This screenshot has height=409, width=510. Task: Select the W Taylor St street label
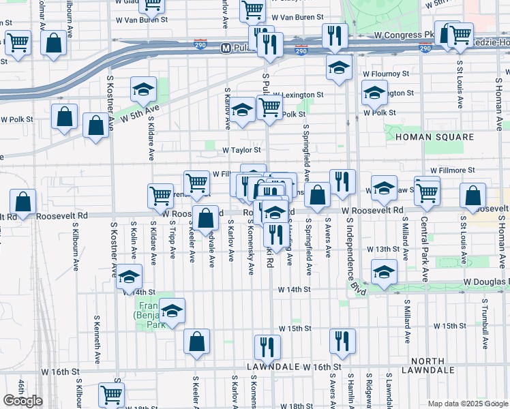(242, 150)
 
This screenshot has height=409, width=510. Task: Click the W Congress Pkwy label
(404, 33)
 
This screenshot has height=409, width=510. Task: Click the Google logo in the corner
(22, 401)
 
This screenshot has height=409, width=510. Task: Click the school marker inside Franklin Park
(172, 310)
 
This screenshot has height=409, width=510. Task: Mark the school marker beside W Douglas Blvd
(384, 271)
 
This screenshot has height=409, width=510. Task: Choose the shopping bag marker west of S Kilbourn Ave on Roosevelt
(23, 202)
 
